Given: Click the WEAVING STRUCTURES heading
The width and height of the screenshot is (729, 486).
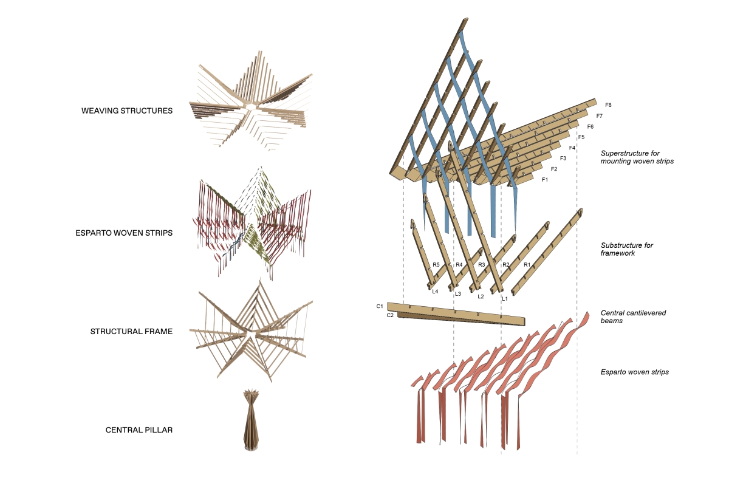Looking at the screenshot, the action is (127, 111).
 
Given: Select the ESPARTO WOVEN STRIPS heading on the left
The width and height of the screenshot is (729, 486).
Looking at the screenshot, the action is (124, 233).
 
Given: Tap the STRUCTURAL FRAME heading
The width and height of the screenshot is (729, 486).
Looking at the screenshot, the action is (131, 331).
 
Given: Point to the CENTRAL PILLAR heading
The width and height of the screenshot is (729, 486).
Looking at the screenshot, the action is (139, 430).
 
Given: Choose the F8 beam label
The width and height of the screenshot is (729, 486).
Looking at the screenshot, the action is (608, 105).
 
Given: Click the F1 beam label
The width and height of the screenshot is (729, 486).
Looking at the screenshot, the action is (545, 180).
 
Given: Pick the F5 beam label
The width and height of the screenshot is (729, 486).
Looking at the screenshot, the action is (581, 137).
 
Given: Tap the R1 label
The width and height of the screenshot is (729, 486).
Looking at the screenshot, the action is (527, 265).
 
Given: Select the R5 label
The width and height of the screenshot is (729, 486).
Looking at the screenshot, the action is (436, 265).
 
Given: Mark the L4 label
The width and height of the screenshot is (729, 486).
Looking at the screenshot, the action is (435, 292).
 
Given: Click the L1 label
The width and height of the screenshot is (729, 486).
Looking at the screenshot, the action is (505, 299).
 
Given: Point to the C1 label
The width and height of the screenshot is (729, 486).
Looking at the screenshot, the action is (380, 306).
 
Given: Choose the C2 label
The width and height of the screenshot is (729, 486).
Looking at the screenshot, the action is (390, 315).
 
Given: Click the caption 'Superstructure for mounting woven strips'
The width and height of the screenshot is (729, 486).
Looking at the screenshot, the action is (637, 157).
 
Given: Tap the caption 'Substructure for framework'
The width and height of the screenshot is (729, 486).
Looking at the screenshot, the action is (627, 249).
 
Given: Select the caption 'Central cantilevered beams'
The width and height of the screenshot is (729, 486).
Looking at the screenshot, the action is (633, 317).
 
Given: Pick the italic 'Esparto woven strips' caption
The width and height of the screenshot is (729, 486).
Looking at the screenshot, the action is (635, 372).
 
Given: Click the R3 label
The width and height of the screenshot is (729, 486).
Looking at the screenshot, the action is (482, 265).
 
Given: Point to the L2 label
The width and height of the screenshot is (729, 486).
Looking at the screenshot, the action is (481, 296).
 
